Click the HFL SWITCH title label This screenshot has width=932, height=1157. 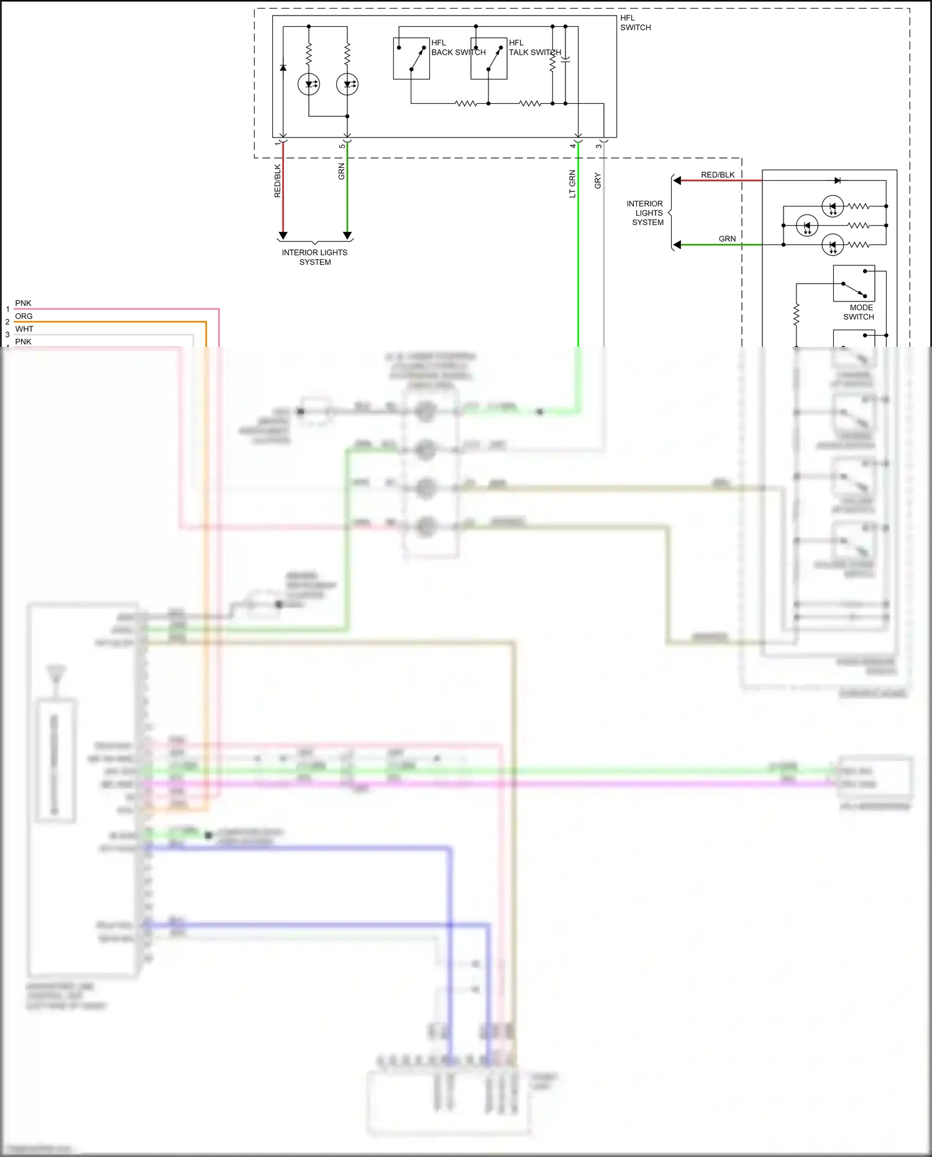click(x=635, y=23)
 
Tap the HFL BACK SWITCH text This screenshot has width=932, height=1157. click(x=458, y=48)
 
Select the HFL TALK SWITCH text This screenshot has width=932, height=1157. click(x=534, y=48)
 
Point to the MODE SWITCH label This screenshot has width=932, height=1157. click(x=859, y=312)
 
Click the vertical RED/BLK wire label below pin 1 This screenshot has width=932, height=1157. click(x=278, y=181)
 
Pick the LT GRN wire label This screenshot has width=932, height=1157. click(x=572, y=184)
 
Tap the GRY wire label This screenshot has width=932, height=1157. click(x=598, y=181)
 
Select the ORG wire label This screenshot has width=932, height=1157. click(x=24, y=316)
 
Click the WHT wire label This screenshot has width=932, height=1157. click(x=24, y=329)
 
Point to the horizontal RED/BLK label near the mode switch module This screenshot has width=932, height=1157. click(x=718, y=175)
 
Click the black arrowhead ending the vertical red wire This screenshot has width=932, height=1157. click(x=283, y=236)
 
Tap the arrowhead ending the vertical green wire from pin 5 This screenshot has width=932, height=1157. click(x=347, y=236)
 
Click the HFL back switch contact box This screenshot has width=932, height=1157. click(x=411, y=58)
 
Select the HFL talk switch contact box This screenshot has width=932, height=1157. click(x=488, y=58)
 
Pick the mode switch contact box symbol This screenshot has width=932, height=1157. click(x=854, y=284)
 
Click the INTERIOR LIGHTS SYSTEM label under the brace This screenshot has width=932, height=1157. click(x=314, y=257)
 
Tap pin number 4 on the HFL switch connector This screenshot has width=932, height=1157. click(x=573, y=145)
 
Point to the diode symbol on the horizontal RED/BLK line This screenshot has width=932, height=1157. click(x=838, y=180)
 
